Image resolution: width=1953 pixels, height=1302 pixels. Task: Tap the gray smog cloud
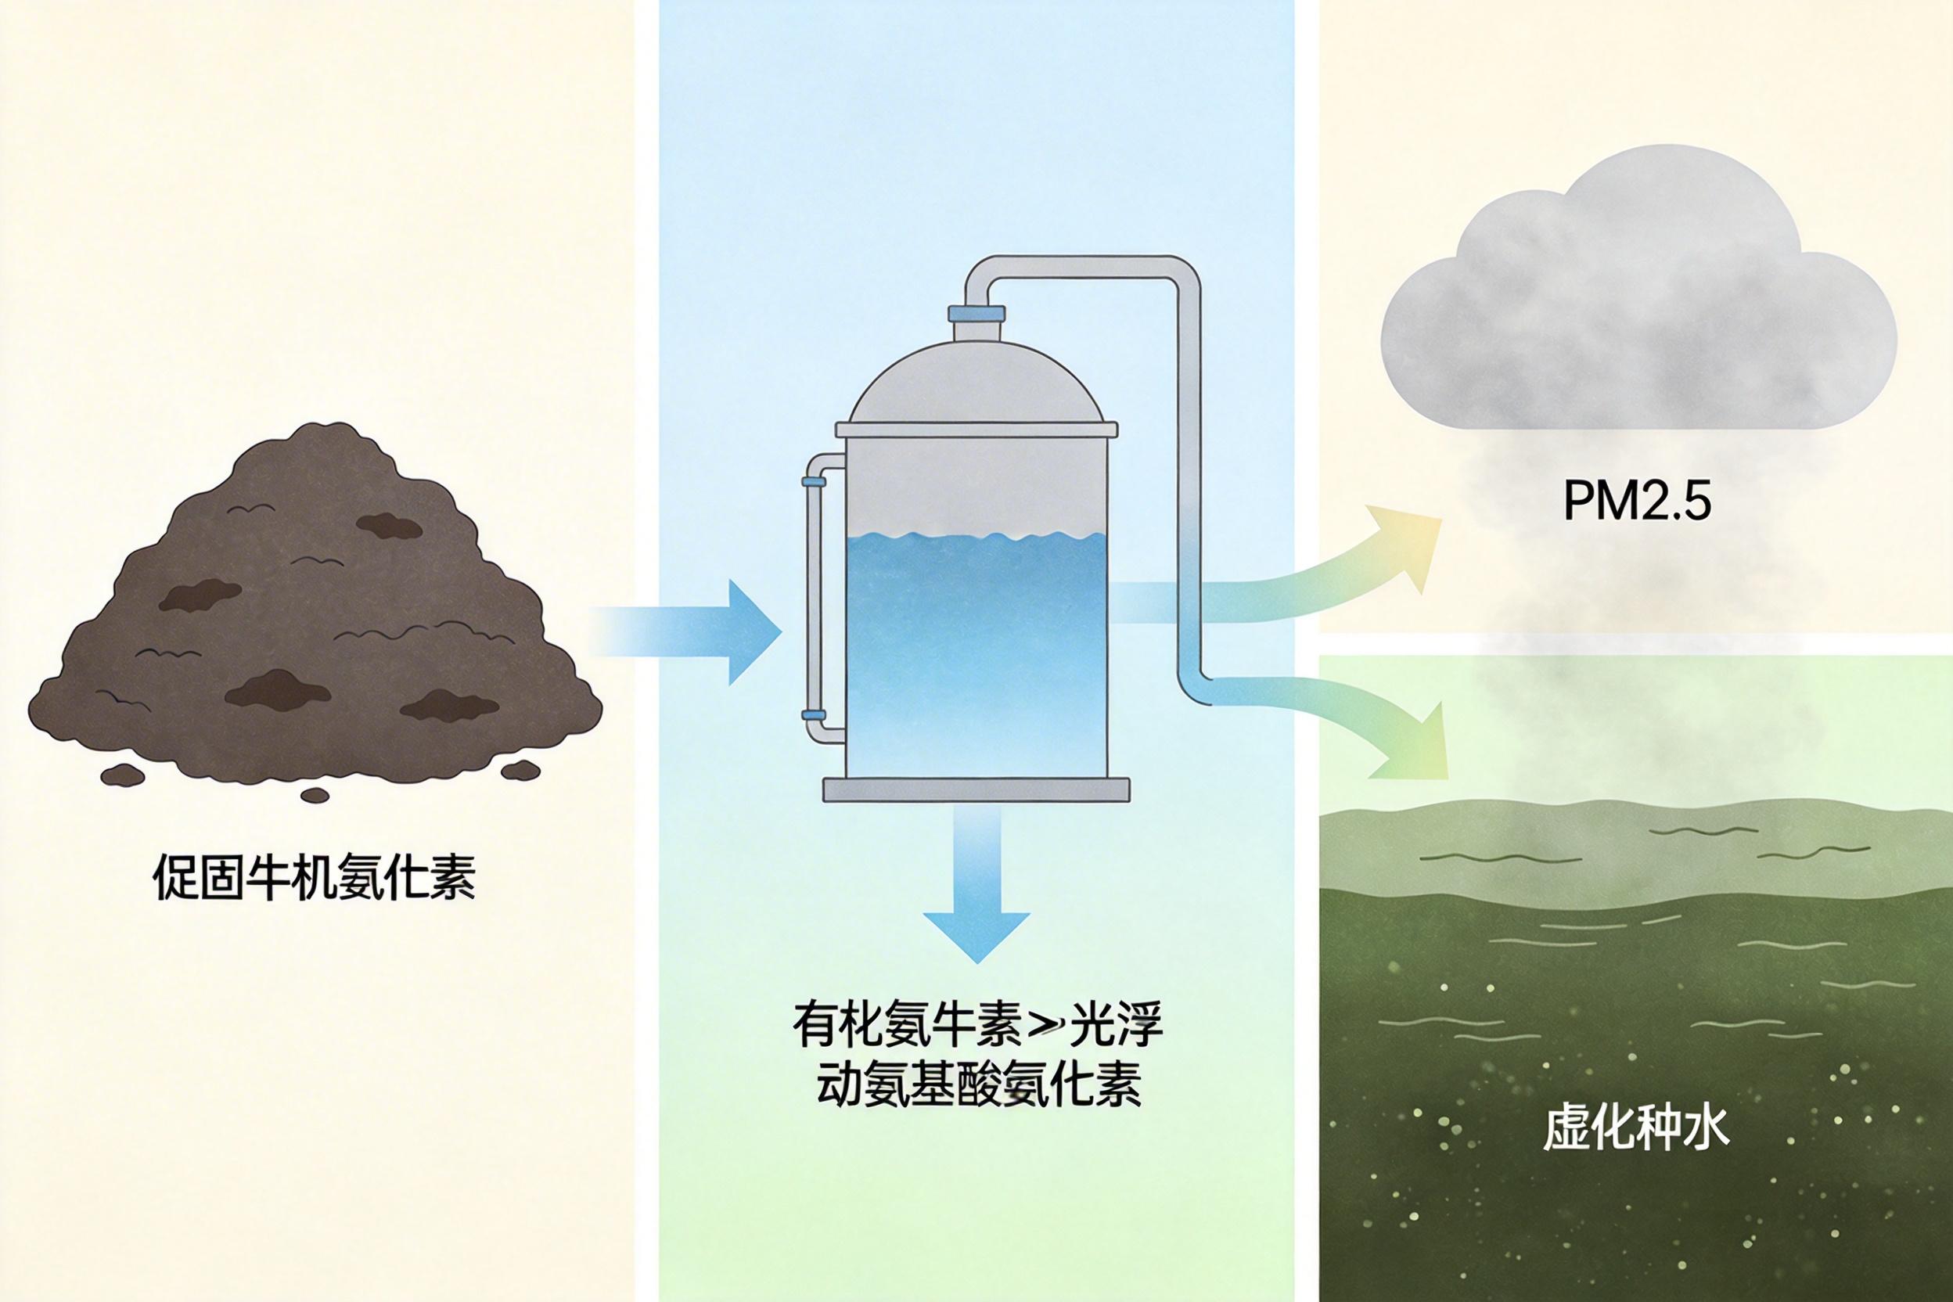[x=1636, y=308]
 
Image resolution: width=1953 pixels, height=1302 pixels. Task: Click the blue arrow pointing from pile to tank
[x=706, y=633]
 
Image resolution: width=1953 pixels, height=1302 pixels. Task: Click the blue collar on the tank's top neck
[x=977, y=313]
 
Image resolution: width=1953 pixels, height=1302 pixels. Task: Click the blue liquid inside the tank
[x=977, y=648]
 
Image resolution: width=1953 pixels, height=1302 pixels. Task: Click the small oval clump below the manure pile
[x=314, y=796]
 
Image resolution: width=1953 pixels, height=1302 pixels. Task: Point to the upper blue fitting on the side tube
[x=813, y=480]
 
